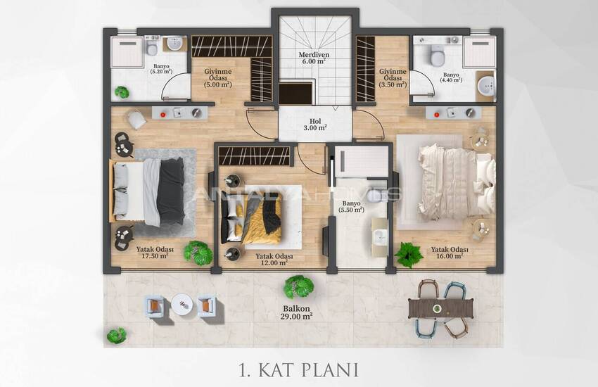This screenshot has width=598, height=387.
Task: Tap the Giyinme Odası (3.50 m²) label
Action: pyautogui.click(x=392, y=78)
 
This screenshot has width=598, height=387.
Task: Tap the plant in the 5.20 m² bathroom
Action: pyautogui.click(x=122, y=91)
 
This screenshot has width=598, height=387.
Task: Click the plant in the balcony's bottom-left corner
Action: pyautogui.click(x=116, y=335)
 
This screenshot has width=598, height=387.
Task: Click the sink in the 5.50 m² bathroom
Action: pyautogui.click(x=379, y=236)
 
